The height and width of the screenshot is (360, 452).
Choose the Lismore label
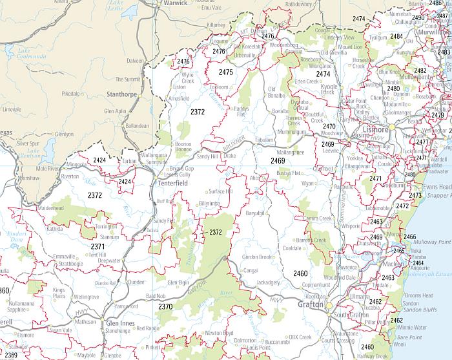pos(378,129)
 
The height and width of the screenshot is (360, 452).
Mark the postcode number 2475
pos(225,72)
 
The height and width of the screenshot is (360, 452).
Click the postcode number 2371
pos(98,247)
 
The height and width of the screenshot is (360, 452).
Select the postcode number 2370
pos(166,306)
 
